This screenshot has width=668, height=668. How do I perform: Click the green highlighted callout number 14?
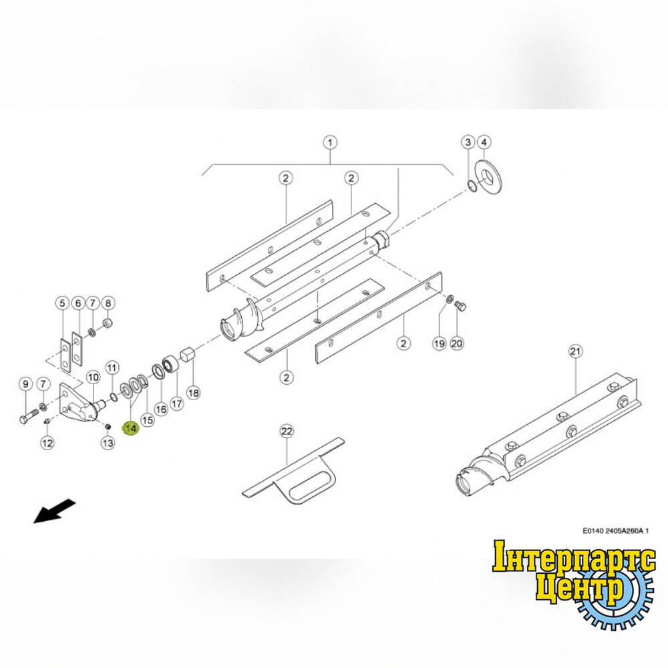tap(131, 428)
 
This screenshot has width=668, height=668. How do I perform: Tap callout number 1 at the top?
tap(330, 142)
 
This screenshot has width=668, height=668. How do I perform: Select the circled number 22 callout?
tap(287, 432)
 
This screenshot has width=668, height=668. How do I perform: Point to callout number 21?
tap(576, 351)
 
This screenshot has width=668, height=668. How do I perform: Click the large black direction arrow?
tap(55, 511)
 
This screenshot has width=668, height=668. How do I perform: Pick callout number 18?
tap(194, 392)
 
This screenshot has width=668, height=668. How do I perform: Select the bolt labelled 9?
tap(29, 415)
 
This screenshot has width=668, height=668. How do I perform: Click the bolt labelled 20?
tap(460, 305)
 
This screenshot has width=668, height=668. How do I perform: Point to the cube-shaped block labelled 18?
tap(188, 355)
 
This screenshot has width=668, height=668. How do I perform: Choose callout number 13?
tap(108, 443)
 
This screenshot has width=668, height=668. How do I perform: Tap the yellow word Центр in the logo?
tap(580, 588)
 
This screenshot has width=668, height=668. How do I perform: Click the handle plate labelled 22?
tap(293, 471)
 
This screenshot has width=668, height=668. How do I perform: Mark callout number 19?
tap(440, 343)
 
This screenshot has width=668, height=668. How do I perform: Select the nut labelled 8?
tap(108, 324)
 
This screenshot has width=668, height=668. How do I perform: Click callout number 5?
tap(62, 303)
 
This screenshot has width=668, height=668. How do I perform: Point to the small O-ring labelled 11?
tap(114, 397)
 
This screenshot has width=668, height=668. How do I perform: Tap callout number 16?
tap(160, 409)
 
